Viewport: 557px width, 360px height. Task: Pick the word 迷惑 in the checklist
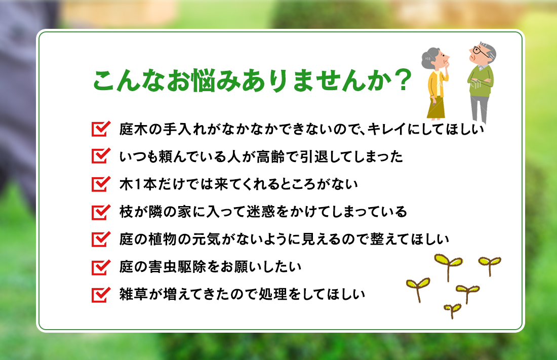(x=271, y=212)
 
